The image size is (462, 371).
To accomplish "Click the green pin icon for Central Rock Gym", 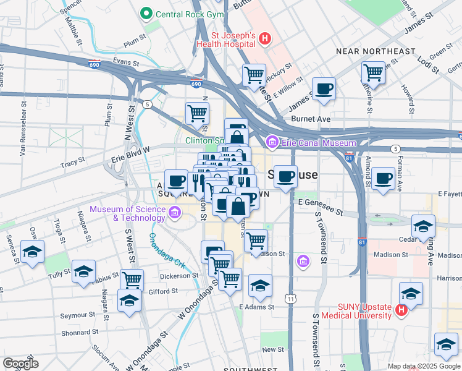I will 146,13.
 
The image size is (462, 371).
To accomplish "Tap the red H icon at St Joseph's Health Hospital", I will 265,39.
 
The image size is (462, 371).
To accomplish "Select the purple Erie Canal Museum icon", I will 271,143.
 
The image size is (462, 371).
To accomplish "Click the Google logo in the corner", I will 21,364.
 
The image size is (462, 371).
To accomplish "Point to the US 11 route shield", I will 290,299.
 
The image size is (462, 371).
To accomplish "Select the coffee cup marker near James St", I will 323,89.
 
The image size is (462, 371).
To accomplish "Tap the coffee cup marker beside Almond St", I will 383,179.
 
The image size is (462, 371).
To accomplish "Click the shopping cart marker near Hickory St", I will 254,75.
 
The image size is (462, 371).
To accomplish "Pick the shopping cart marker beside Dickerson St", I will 230,278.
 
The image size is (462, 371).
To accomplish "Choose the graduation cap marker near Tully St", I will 83,271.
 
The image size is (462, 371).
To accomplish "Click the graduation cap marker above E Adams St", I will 260,286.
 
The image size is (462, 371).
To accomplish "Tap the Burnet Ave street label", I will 311,118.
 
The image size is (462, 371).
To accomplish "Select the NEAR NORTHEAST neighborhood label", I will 375,51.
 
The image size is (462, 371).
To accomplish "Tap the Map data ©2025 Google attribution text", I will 423,366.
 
